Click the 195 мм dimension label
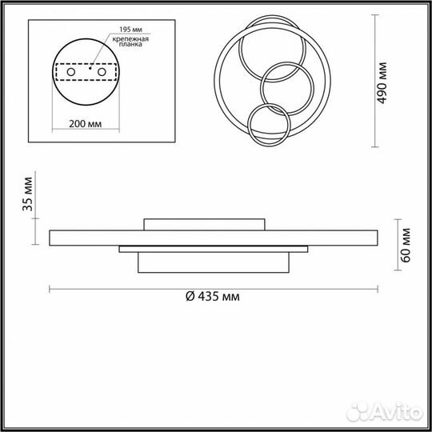[x=130, y=30]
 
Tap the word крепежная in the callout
[x=130, y=39]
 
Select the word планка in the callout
[x=130, y=44]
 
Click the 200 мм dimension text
[x=85, y=124]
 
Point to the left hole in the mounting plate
[x=71, y=72]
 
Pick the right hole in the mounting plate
[x=102, y=72]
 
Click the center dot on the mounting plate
[x=90, y=68]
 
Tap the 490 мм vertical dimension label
[x=382, y=83]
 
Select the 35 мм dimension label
[x=27, y=194]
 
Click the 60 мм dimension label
[x=406, y=246]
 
